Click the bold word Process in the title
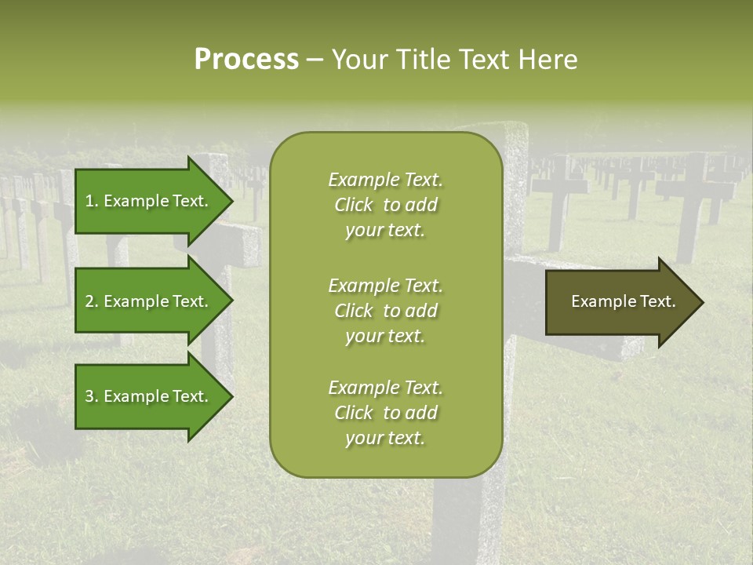[x=246, y=60]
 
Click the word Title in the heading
[x=423, y=60]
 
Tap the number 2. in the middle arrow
[x=92, y=301]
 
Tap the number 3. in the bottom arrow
[x=92, y=396]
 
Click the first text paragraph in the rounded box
[x=385, y=205]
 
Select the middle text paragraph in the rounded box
[x=385, y=311]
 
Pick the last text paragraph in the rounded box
[x=385, y=413]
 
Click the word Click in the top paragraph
[x=354, y=205]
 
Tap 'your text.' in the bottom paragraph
[x=385, y=439]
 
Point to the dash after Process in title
[x=315, y=60]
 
